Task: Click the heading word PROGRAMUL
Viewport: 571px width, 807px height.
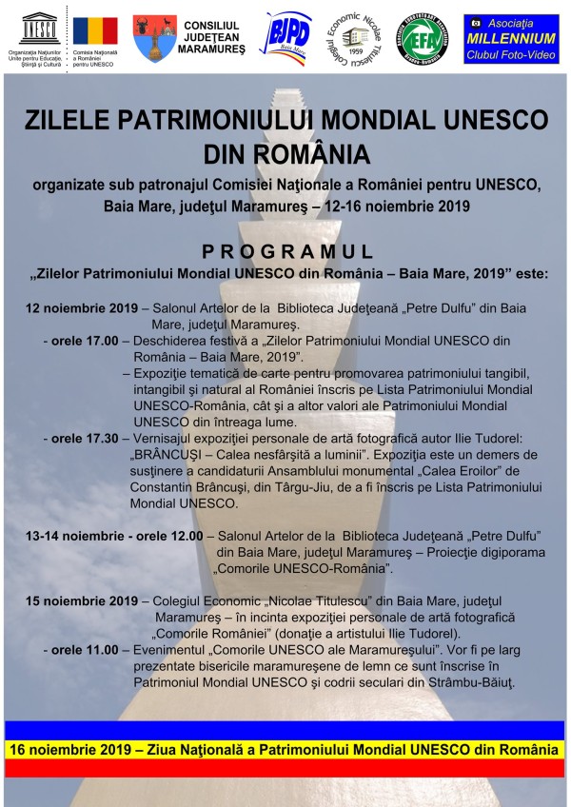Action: click(x=285, y=251)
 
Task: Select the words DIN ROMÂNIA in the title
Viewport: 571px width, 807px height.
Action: click(x=285, y=151)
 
